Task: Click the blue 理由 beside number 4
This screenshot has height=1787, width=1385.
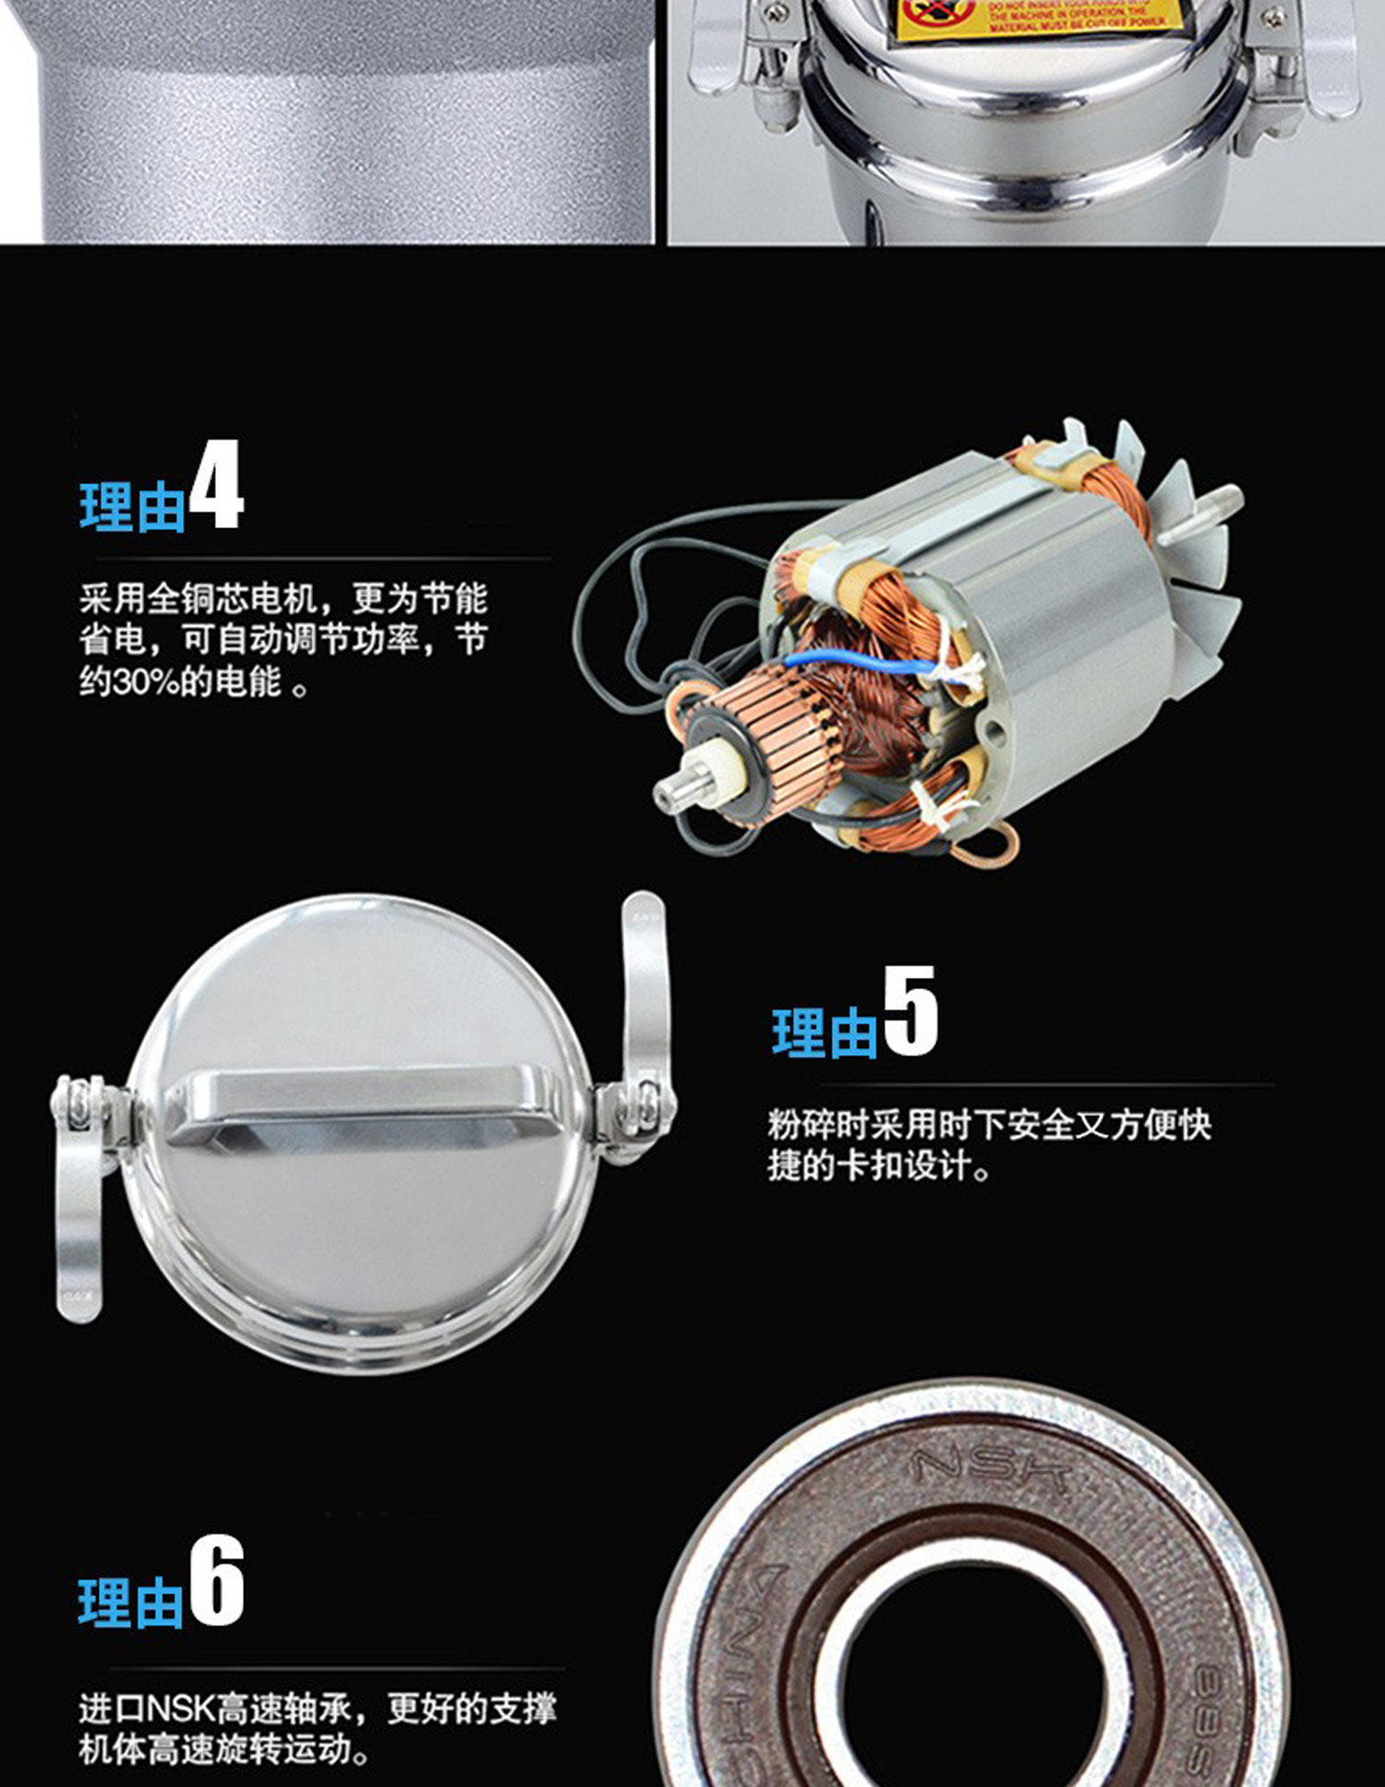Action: coord(132,507)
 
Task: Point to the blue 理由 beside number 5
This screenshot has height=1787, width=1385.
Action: coord(824,1032)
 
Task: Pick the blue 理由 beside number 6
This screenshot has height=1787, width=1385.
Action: coord(130,1602)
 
